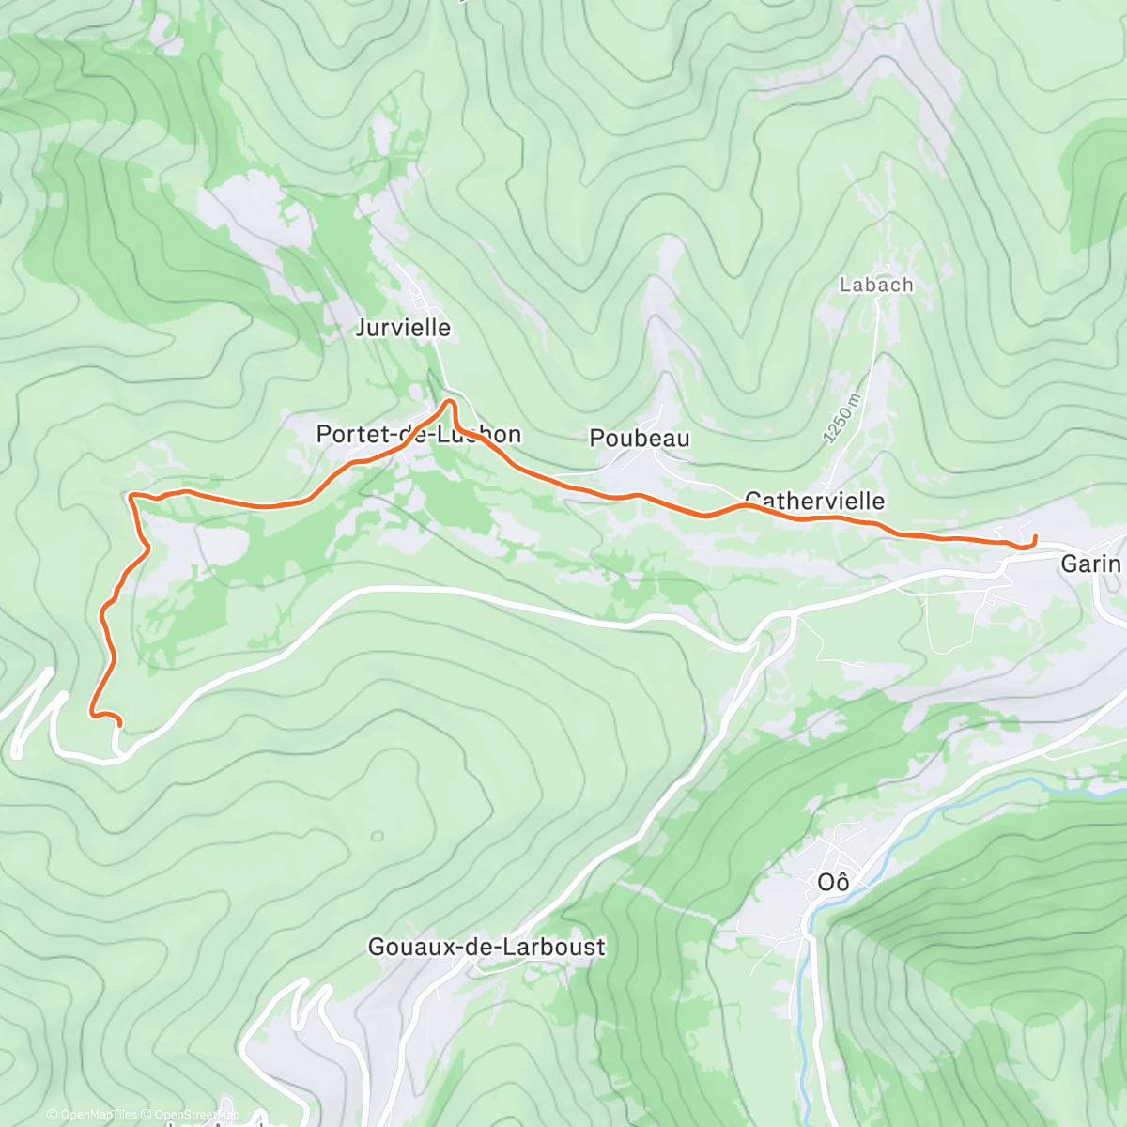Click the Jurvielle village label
point(403,328)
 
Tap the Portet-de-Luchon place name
point(418,434)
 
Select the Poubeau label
point(640,438)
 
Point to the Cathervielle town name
point(814,500)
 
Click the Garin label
point(1090,563)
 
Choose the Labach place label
point(876,285)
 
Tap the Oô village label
point(833,883)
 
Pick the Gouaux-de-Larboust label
point(486,947)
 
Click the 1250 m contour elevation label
point(841,417)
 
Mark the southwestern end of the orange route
point(120,722)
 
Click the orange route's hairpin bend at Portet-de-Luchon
point(450,403)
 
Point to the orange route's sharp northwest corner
point(131,495)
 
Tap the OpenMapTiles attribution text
point(93,1115)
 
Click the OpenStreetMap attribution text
point(196,1115)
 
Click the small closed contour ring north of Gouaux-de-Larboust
point(377,836)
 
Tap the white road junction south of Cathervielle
point(794,612)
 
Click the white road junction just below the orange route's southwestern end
point(118,751)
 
